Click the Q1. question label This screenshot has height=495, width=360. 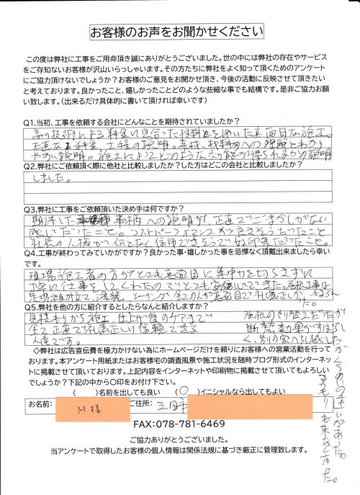(x=31, y=122)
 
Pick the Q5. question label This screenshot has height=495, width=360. (x=31, y=319)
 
